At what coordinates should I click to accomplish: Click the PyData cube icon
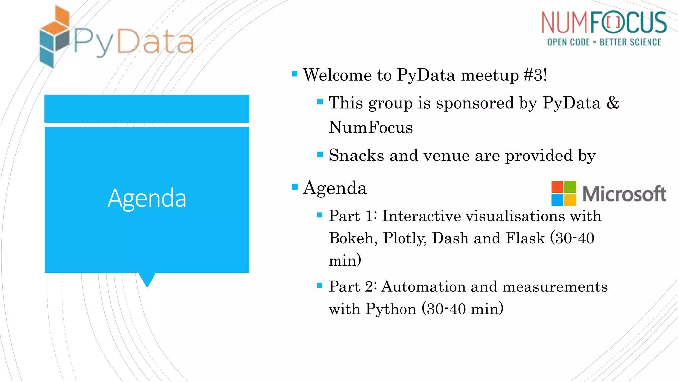click(54, 36)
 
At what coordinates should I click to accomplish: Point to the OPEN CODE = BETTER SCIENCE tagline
click(604, 42)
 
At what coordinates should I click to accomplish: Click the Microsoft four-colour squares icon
click(563, 193)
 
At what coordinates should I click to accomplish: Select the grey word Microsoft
click(624, 194)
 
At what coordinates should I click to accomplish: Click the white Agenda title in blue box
click(147, 198)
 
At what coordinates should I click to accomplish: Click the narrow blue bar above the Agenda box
click(147, 108)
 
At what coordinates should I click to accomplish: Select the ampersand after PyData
click(613, 103)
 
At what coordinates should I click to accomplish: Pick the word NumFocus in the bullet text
click(371, 127)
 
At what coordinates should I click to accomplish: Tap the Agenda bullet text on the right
click(335, 188)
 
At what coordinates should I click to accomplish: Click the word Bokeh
click(353, 238)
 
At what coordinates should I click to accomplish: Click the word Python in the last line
click(391, 309)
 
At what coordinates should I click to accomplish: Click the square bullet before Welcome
click(294, 74)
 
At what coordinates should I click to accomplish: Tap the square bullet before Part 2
click(320, 286)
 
